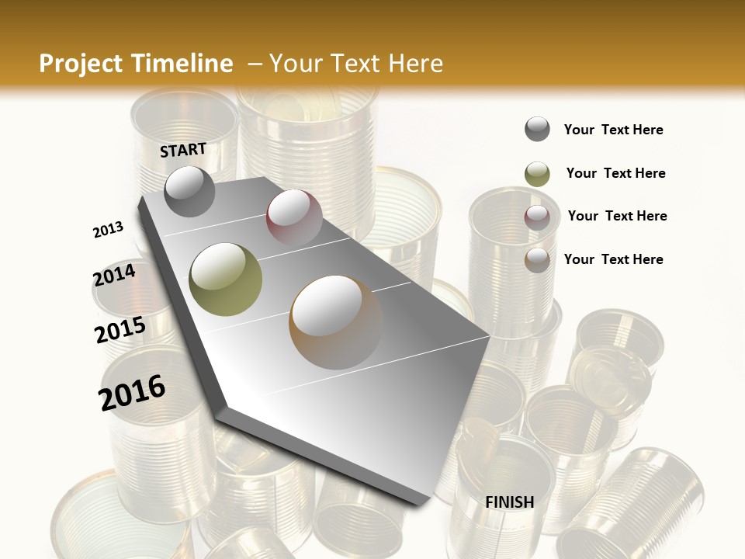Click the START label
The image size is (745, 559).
pos(183,150)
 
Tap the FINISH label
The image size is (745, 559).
pos(510,502)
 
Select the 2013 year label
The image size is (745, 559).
pos(108,230)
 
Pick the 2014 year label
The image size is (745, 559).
pos(114,276)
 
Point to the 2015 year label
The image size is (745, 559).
pos(120,330)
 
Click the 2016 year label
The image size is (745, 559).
pos(132,393)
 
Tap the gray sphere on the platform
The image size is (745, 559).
pos(189,191)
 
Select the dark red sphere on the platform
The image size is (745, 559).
pos(294,218)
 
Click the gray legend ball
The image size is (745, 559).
pos(537,130)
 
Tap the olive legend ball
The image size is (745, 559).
pos(537,174)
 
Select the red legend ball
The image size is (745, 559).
pos(537,217)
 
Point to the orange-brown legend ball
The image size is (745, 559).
pos(537,259)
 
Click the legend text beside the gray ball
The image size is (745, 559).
pos(613,130)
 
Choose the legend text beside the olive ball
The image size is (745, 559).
pos(615,173)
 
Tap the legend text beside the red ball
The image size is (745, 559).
pos(617,216)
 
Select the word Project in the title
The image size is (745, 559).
pos(79,64)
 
